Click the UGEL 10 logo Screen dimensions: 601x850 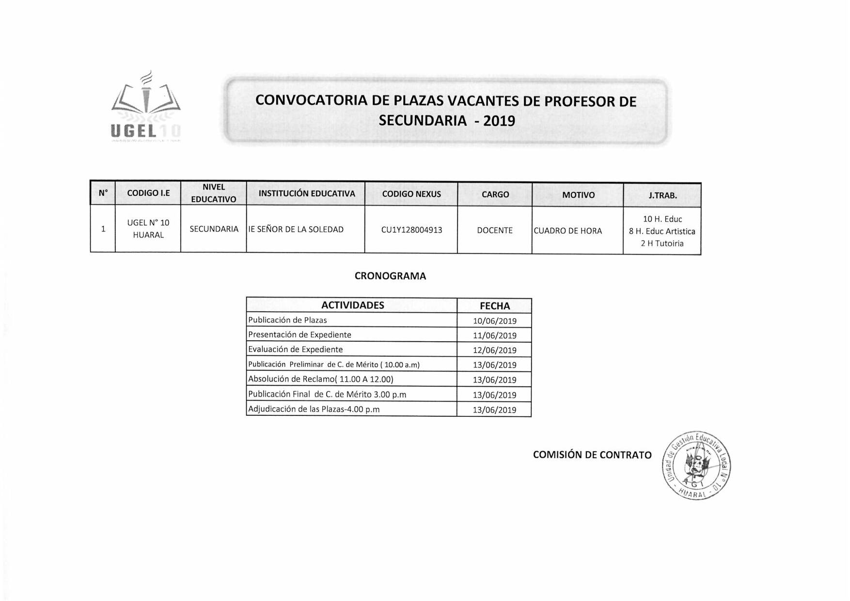point(146,109)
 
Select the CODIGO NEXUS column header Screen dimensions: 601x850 point(411,194)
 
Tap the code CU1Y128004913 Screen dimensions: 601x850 point(411,230)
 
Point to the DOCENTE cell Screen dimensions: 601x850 point(494,231)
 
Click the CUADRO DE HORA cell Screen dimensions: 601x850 point(567,231)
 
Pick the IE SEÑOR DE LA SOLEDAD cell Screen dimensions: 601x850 point(296,230)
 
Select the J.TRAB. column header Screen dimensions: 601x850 point(662,196)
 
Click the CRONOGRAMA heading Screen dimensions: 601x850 point(390,276)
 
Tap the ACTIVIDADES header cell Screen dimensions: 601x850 point(352,305)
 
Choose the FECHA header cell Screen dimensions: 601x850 point(494,306)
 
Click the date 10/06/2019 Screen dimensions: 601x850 point(494,321)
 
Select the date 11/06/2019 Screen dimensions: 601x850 point(494,335)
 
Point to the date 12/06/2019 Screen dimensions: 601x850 point(494,350)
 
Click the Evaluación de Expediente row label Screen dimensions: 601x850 point(295,349)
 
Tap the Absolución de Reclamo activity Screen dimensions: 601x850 point(320,380)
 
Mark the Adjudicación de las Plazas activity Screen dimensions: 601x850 point(314,410)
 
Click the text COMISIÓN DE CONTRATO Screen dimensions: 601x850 point(592,455)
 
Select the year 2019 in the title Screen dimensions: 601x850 point(499,121)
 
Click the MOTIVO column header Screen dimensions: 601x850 point(578,195)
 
